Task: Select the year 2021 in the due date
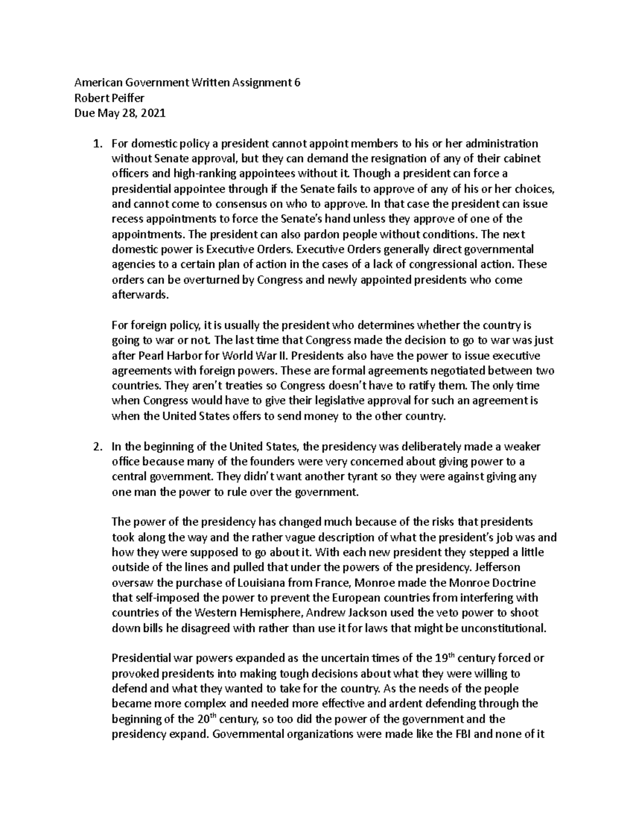(x=154, y=113)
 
